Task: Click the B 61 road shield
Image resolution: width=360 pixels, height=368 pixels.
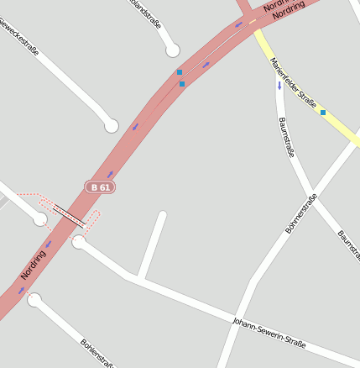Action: (x=100, y=187)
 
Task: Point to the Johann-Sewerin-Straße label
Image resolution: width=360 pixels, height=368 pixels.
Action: (x=269, y=333)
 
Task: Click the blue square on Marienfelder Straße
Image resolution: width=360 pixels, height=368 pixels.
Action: (x=323, y=112)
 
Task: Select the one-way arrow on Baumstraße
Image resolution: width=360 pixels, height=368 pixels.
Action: (x=279, y=85)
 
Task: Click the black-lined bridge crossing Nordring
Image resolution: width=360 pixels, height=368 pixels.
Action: (x=68, y=216)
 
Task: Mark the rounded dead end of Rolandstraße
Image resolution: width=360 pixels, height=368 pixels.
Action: (x=173, y=50)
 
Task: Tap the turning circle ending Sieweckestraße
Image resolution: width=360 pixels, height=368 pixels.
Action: (x=111, y=126)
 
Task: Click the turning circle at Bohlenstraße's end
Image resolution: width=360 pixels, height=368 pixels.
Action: (x=34, y=299)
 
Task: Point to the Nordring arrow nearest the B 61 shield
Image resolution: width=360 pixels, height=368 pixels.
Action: (x=110, y=174)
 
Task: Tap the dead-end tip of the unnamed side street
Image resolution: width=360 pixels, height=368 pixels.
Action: (x=161, y=215)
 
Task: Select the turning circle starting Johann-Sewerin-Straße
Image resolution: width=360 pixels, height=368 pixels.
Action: (x=79, y=242)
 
